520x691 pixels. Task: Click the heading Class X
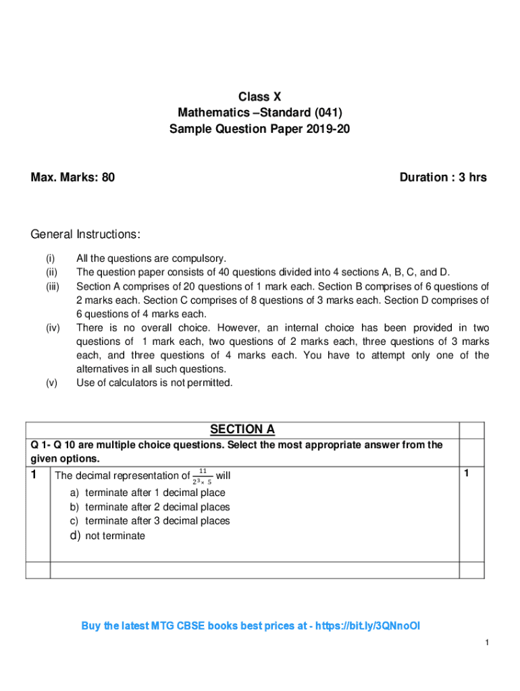[259, 97]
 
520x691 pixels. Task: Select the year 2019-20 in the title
[328, 129]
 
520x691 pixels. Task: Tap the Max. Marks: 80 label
[73, 177]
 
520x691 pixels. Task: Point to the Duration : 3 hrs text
[442, 177]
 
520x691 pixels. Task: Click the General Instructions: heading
[86, 234]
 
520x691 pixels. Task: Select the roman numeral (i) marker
[51, 258]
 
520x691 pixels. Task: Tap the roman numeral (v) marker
[51, 383]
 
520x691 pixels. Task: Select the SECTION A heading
[242, 430]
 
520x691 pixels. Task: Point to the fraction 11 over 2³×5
[202, 476]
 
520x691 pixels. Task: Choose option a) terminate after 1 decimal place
[148, 493]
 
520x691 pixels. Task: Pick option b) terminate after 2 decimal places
[150, 507]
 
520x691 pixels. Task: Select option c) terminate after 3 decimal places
[150, 521]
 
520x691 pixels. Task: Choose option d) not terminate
[107, 536]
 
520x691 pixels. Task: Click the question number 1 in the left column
[34, 475]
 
